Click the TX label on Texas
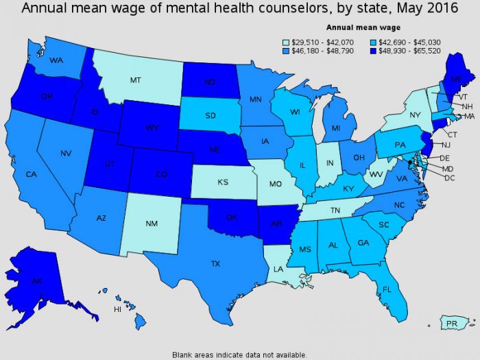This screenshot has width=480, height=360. coord(215,263)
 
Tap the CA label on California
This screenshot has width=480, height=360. coord(31,175)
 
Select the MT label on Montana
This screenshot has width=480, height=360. coord(136,80)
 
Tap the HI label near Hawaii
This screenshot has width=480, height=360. coord(117,309)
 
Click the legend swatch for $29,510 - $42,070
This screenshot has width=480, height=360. coord(287,41)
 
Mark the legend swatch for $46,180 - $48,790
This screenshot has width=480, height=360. coord(287,51)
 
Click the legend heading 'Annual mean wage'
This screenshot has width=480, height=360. coord(359,28)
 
